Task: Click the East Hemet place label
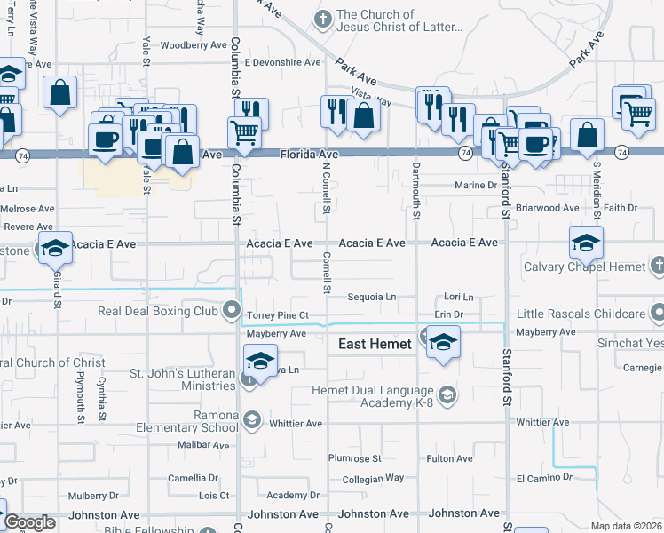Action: pyautogui.click(x=375, y=345)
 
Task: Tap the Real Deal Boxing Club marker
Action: pyautogui.click(x=233, y=311)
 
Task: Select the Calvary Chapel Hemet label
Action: pyautogui.click(x=584, y=266)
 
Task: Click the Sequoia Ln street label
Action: pyautogui.click(x=370, y=298)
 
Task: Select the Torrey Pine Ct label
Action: pyautogui.click(x=278, y=315)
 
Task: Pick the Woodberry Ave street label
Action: pyautogui.click(x=194, y=44)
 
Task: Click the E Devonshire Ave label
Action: pyautogui.click(x=282, y=63)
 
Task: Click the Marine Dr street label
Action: pyautogui.click(x=475, y=186)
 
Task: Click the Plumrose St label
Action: pyautogui.click(x=354, y=458)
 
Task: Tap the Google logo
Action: pyautogui.click(x=29, y=522)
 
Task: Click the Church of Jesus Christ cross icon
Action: pyautogui.click(x=322, y=18)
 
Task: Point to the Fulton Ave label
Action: pyautogui.click(x=449, y=458)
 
